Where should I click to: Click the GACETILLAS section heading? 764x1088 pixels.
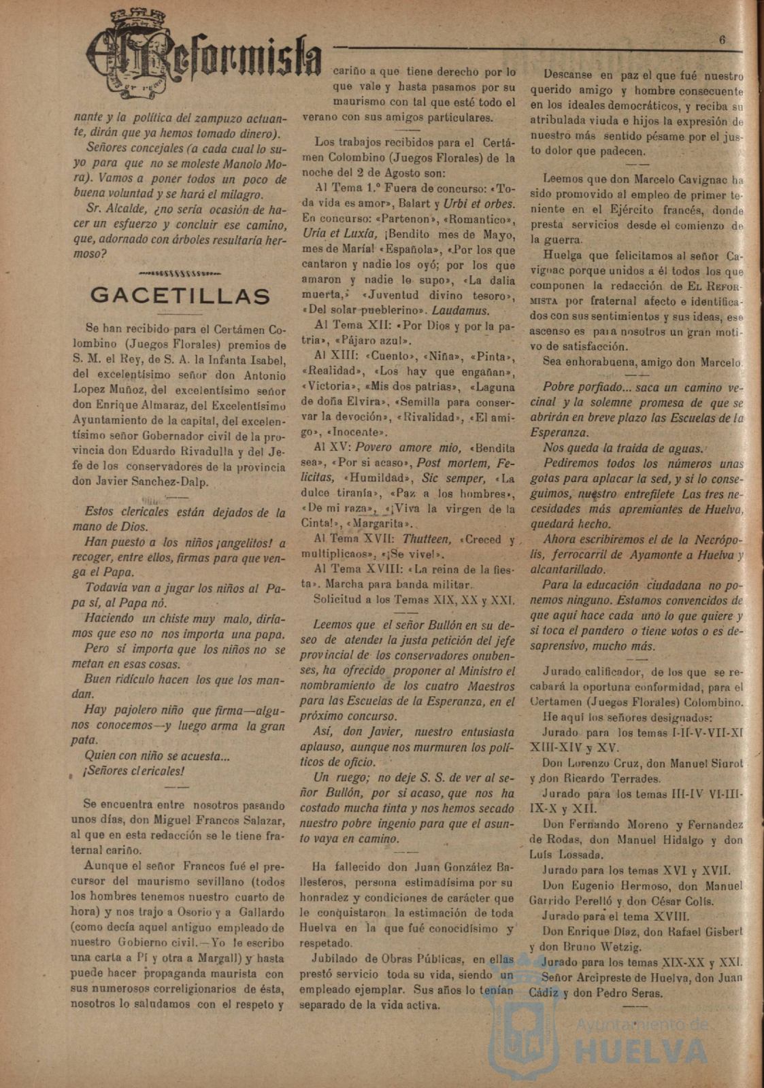coord(180,296)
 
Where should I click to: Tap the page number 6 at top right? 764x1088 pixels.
coord(722,39)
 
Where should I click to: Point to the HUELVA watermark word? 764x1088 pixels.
coord(632,1051)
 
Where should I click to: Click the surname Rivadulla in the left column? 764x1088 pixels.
coord(226,452)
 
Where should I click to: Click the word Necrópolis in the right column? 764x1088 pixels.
coord(714,540)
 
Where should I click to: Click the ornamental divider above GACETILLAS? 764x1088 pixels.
coord(180,273)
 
